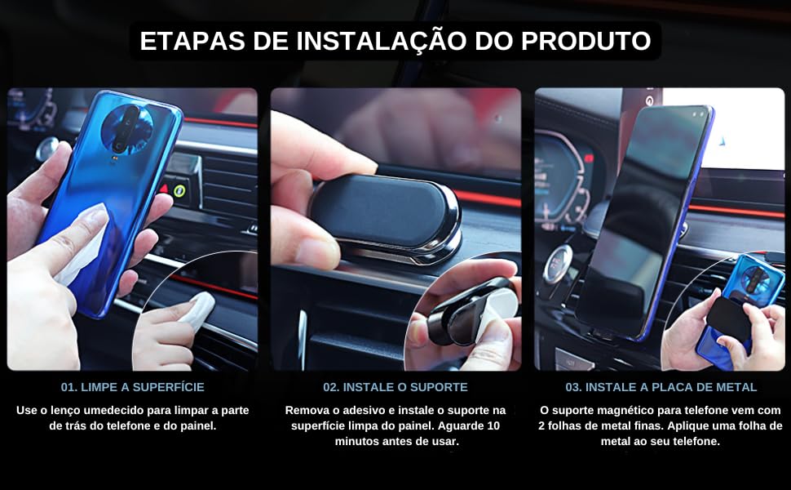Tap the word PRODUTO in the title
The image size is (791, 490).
click(586, 41)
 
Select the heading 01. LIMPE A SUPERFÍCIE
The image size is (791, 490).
click(132, 387)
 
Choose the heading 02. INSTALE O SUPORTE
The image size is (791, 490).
click(395, 387)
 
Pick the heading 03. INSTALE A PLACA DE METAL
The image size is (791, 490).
click(661, 387)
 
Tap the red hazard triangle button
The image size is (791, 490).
click(163, 189)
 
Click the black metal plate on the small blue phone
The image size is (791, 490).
click(728, 317)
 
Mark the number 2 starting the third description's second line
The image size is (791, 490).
click(541, 425)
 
